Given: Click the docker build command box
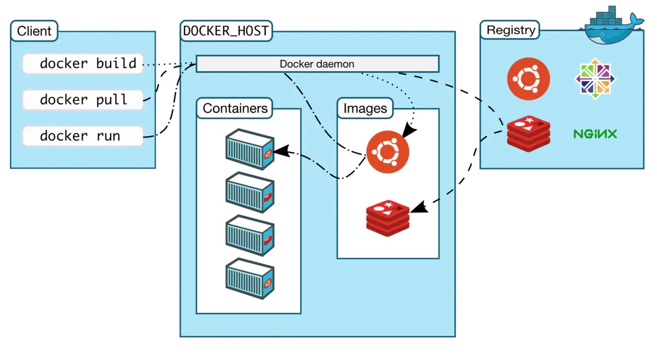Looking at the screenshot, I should pyautogui.click(x=83, y=63).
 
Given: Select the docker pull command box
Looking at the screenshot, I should pyautogui.click(x=83, y=100).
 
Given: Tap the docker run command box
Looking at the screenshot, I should pyautogui.click(x=83, y=136).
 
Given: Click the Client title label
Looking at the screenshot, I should pyautogui.click(x=34, y=31).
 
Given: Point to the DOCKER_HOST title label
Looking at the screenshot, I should pyautogui.click(x=226, y=31).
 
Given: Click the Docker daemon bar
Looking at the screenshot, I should pyautogui.click(x=317, y=64).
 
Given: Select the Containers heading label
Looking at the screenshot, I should pyautogui.click(x=235, y=108).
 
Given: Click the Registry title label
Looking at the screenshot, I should pyautogui.click(x=510, y=30).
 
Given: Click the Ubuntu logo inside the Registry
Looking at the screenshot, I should pyautogui.click(x=528, y=79).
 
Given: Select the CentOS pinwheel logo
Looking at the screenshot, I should pyautogui.click(x=595, y=79).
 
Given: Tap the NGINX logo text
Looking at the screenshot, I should pyautogui.click(x=595, y=133).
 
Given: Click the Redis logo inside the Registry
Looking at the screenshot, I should pyautogui.click(x=528, y=133).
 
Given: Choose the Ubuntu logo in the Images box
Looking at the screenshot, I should pyautogui.click(x=388, y=152).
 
